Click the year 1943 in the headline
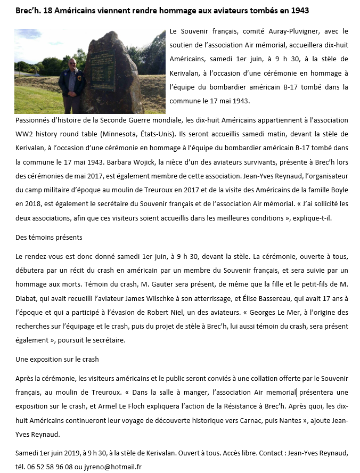(299, 10)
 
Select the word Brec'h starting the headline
(27, 10)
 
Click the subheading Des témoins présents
(49, 237)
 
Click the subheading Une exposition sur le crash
(57, 360)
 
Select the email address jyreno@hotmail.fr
(116, 467)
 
